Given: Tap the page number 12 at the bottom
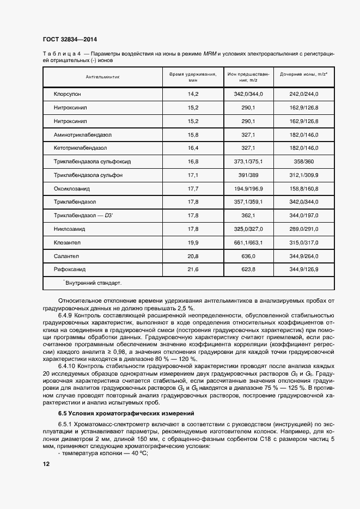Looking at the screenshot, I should click(46, 464).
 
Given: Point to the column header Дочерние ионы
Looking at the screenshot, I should click(303, 73).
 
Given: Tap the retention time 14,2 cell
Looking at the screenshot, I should click(193, 94).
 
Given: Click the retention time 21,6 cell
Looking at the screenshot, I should click(193, 269).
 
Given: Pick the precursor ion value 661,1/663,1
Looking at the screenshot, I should click(248, 242).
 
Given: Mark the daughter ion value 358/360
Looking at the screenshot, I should click(303, 162).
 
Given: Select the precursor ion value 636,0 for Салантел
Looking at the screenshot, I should click(248, 256).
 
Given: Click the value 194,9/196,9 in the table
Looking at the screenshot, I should click(248, 188).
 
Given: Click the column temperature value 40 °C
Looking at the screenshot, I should click(131, 453).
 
